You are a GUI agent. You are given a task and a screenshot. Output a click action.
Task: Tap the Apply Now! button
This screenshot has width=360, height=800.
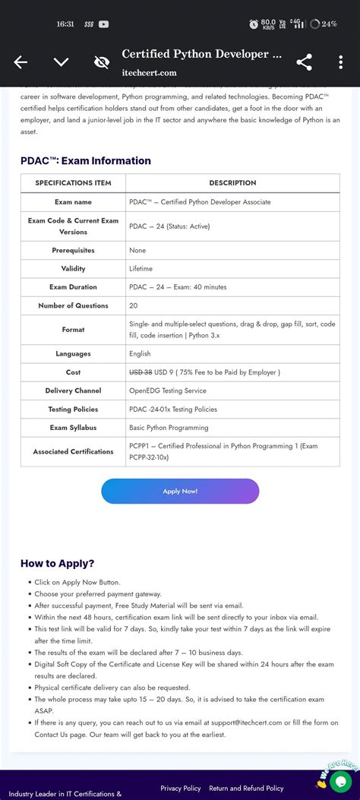coord(180,491)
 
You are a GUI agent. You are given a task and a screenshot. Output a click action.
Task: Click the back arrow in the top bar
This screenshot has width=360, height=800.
coord(21,62)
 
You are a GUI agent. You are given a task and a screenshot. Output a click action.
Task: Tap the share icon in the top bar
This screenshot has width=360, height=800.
coord(304,62)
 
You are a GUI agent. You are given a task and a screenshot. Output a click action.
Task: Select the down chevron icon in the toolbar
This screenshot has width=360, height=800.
coord(61,62)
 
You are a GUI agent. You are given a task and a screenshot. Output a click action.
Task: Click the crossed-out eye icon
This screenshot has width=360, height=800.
coord(101,62)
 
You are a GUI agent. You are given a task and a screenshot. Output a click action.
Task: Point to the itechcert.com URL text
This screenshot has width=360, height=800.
coord(149,73)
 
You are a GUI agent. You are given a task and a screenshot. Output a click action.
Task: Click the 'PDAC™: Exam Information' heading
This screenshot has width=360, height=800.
coord(86,160)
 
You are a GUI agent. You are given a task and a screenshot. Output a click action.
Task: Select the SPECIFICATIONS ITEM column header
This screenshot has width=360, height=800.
coord(73,183)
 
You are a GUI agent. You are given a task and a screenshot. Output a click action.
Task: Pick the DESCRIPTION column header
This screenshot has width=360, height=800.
coord(232,183)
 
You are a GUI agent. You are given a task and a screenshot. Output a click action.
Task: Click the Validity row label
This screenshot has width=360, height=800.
coord(73,269)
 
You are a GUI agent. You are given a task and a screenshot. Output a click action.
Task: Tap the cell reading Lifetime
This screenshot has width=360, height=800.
coord(141,269)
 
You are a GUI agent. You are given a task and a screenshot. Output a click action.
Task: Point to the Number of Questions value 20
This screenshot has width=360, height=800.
coord(134,305)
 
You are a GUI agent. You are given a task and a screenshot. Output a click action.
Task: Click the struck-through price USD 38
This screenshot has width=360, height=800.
coord(141,372)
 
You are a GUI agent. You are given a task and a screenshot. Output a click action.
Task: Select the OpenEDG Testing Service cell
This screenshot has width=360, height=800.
coord(167,391)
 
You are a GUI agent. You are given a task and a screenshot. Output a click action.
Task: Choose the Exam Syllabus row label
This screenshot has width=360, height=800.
coord(73,428)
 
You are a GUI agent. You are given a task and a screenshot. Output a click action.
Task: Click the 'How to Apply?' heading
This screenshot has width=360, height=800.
coord(58,563)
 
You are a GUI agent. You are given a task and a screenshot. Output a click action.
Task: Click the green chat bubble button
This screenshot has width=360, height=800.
coord(341,780)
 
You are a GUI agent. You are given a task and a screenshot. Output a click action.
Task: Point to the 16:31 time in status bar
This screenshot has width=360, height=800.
coord(65,24)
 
